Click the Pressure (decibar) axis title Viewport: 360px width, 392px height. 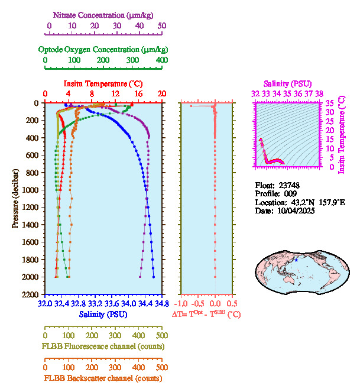(15, 199)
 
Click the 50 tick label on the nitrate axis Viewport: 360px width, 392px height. (162, 25)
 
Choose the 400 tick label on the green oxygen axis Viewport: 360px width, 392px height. (162, 60)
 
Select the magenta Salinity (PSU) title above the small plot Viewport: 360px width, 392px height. (286, 83)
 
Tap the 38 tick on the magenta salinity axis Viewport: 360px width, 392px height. (319, 93)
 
